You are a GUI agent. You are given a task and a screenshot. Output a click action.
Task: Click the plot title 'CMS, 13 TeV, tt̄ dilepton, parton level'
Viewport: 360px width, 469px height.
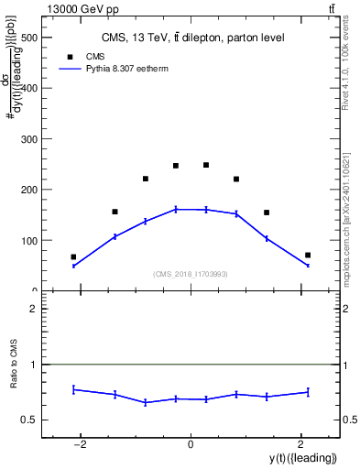click(x=192, y=38)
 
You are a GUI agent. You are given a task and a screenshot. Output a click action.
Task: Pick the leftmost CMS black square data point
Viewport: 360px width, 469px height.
click(x=73, y=257)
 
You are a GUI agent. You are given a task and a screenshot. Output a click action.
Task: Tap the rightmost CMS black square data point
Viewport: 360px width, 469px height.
click(x=308, y=255)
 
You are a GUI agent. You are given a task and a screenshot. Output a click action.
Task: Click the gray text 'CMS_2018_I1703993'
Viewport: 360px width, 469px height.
click(x=191, y=274)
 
